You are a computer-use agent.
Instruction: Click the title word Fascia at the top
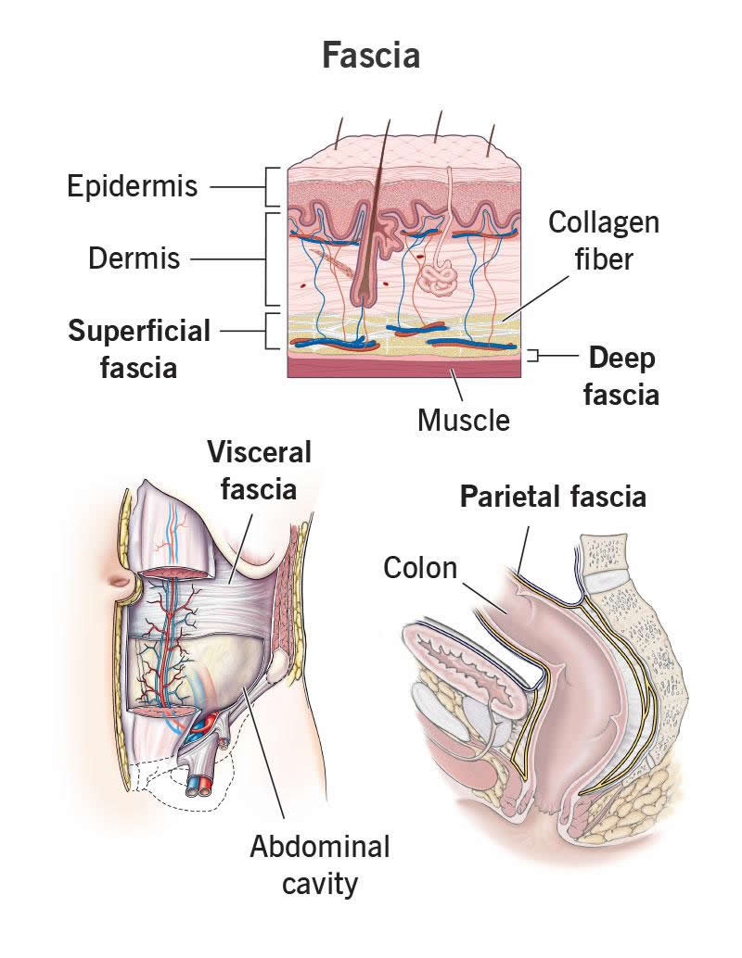pos(371,56)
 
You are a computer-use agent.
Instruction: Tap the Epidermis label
pos(133,186)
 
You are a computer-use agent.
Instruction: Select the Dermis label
pos(134,258)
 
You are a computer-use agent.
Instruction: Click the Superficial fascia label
pos(139,348)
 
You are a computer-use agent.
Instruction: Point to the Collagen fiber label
pos(603,240)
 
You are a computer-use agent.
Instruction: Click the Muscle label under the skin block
pos(464,420)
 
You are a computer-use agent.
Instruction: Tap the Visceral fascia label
pos(259,471)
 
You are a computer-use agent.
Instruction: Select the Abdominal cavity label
pos(319,865)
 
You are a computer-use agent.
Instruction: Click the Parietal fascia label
pos(553,497)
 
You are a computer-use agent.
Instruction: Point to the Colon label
pos(420,566)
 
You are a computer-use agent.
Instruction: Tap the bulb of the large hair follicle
pos(364,295)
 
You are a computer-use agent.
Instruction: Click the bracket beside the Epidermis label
pos(273,186)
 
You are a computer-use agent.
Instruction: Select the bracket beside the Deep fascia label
pos(533,355)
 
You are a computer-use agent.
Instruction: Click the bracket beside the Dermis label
pos(273,258)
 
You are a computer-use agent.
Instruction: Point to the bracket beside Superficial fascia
pos(273,331)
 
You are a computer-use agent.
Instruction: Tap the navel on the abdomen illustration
pos(121,585)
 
